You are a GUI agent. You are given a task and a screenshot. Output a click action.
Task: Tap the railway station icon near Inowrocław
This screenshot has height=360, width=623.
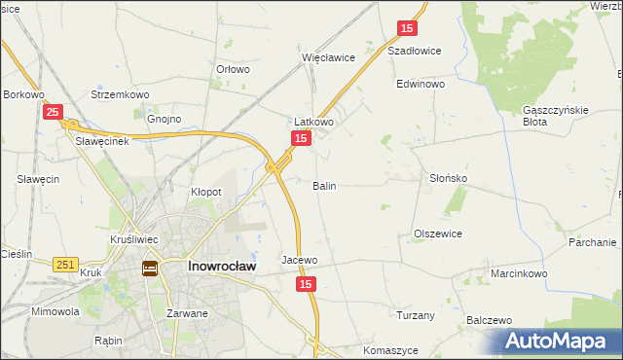coord(150,268)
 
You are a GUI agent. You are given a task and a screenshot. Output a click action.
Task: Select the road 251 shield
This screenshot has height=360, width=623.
coord(66,264)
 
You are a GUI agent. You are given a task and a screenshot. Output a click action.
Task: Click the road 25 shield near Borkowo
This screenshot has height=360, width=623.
coord(54,113)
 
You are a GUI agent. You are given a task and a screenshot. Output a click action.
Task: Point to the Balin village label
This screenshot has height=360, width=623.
coord(324,185)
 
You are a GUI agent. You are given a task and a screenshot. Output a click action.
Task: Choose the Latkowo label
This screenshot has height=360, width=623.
coord(314,122)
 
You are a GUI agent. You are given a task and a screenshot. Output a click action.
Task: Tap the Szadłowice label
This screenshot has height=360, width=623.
coord(415,51)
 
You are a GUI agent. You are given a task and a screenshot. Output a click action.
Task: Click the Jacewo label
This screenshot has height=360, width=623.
coord(300,260)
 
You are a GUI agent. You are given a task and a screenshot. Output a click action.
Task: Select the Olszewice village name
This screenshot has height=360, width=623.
coord(437,234)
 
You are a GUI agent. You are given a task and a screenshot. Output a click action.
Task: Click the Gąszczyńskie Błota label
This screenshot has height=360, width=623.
coord(556,116)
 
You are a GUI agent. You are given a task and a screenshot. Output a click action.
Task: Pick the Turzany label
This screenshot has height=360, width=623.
coord(416,315)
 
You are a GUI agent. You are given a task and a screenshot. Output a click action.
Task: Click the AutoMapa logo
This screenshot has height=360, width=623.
coord(557,342)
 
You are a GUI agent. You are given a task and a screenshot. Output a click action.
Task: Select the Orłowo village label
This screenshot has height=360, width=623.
coord(233,69)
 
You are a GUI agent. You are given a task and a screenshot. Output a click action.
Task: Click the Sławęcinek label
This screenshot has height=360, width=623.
coord(102,139)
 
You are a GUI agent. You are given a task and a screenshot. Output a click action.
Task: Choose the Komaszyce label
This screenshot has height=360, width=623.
coord(389,349)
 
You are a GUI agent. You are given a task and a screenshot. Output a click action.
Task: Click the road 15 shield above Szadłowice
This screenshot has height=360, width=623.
coord(408,30)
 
